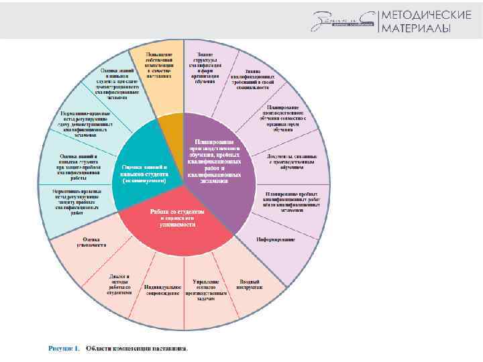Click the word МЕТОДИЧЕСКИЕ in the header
click(x=425, y=15)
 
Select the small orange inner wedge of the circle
click(x=173, y=127)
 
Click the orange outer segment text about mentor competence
click(x=157, y=65)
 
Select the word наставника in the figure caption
click(x=168, y=348)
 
